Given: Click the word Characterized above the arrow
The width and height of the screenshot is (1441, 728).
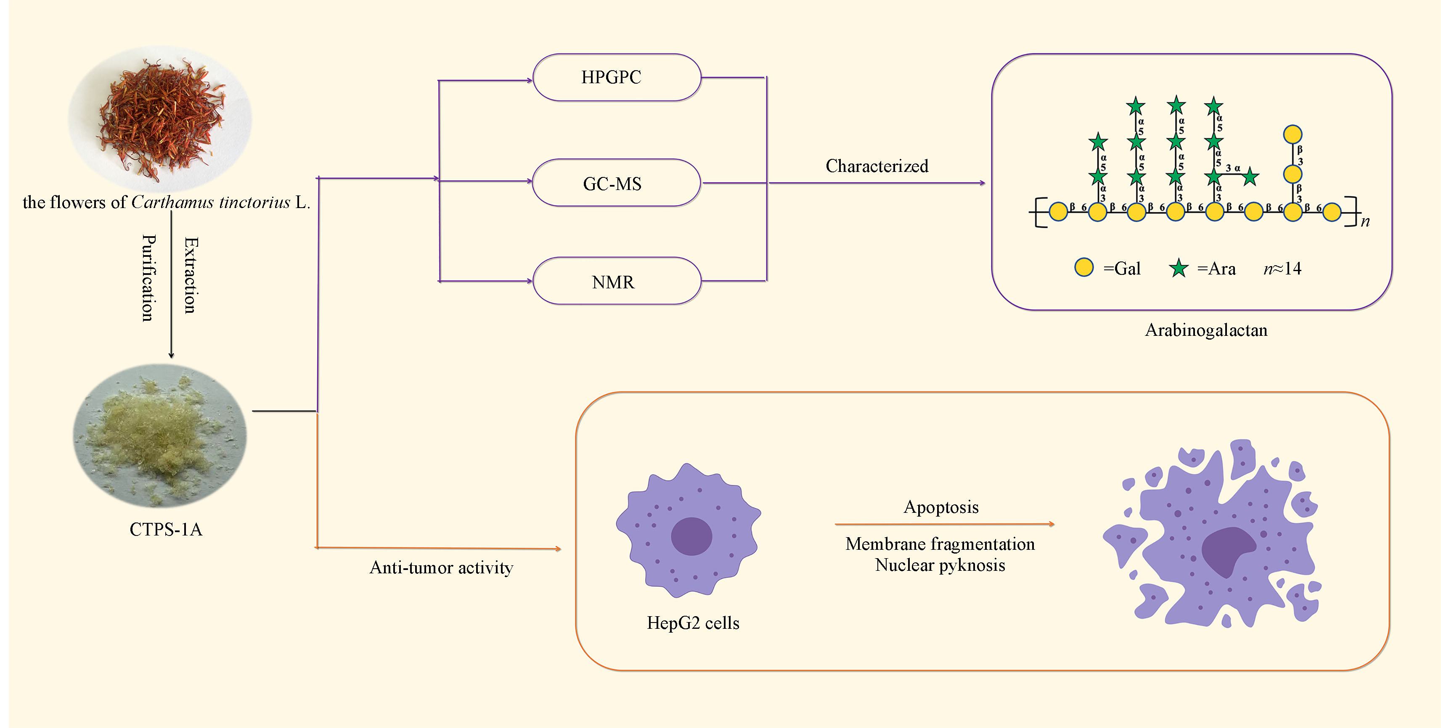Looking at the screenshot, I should click(877, 166).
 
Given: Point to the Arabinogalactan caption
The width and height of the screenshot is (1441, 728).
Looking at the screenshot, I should click(1206, 330).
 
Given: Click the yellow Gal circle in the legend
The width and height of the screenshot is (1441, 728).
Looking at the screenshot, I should click(1083, 267).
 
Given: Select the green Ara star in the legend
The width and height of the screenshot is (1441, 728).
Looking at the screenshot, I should click(1179, 269).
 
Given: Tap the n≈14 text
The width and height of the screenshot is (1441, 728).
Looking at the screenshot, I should click(1282, 269).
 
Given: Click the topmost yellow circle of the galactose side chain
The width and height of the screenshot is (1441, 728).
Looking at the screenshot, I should click(1292, 134).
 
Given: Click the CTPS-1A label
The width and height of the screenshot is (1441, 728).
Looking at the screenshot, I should click(166, 529).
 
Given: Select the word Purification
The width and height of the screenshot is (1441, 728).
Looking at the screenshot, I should click(148, 278).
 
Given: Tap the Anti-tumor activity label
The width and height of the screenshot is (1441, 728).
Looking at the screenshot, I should click(441, 567).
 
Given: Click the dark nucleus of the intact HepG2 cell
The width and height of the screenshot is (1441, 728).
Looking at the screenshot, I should click(691, 535).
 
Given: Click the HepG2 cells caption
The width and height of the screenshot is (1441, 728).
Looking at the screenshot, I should click(693, 623).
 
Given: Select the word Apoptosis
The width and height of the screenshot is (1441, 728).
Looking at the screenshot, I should click(941, 507).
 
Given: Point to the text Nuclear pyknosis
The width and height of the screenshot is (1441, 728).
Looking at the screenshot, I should click(940, 565).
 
